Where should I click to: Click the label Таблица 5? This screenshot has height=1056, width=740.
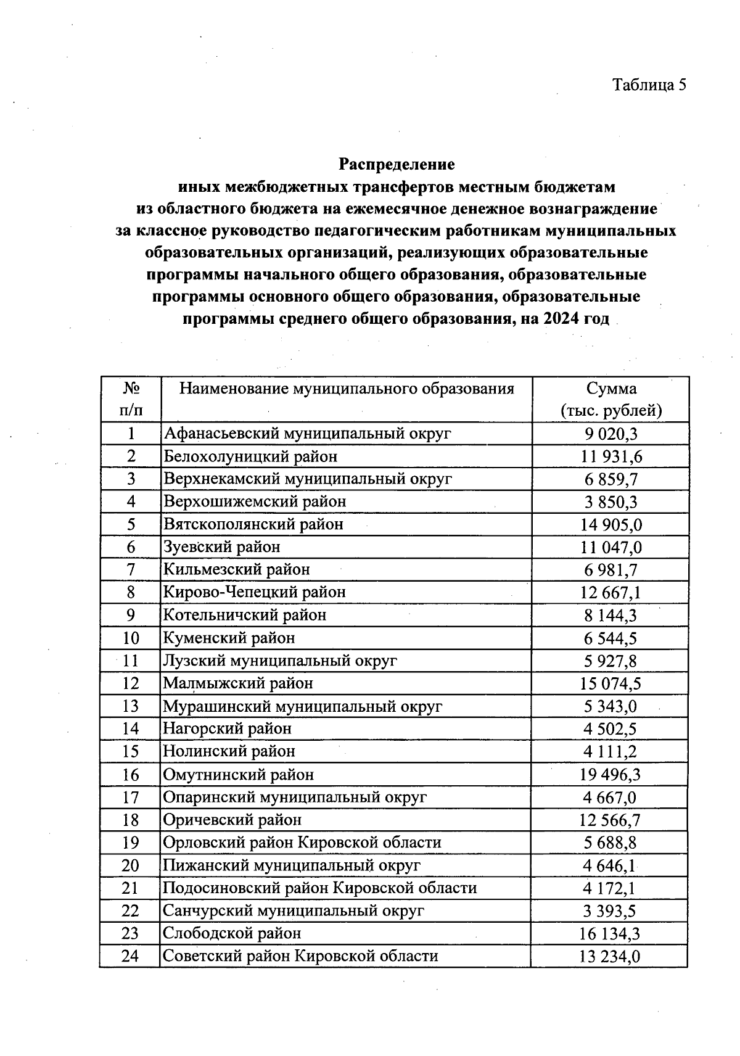pos(649,85)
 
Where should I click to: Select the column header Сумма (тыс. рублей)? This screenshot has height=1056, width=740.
pos(610,400)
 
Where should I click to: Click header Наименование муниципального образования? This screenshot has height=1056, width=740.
pos(346,389)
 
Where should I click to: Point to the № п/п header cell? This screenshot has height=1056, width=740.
pos(131,400)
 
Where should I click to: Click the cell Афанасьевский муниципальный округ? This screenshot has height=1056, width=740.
pos(307,433)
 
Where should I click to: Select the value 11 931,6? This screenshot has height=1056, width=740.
pos(610,456)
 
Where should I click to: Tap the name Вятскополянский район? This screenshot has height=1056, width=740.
pos(253,524)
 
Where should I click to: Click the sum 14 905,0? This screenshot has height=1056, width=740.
pos(610,525)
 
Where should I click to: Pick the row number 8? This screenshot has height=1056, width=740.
pos(131,592)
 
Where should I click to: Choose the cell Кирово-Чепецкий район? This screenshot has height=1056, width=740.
pos(254,592)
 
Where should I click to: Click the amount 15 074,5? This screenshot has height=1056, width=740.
pos(610,683)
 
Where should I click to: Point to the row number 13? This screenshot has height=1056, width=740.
pos(131,706)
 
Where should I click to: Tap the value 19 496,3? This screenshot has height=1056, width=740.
pos(610,775)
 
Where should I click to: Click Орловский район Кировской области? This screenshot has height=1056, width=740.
pos(302,843)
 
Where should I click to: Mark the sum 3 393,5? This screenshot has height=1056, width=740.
pos(610,912)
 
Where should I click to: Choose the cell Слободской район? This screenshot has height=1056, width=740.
pos(232,933)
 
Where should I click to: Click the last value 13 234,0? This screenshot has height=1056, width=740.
pos(610,957)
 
